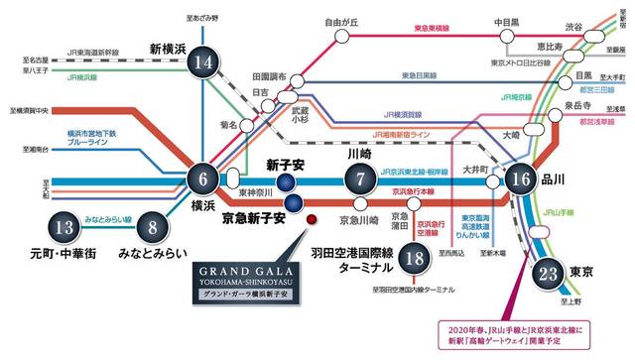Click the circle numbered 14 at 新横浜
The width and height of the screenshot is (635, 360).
(205, 63)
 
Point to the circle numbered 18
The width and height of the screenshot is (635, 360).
(416, 260)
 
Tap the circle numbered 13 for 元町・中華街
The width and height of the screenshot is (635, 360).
(64, 226)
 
